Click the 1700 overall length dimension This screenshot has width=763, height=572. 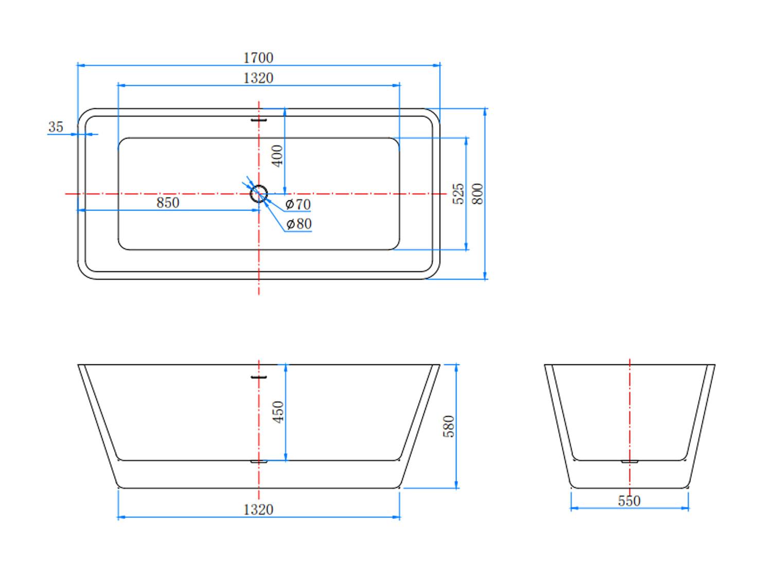coord(258,58)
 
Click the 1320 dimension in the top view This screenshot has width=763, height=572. coord(258,78)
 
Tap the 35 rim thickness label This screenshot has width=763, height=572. coord(56,127)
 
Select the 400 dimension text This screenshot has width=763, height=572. coord(277,156)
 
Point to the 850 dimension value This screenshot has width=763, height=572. coord(168,203)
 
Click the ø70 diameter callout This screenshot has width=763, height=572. coord(298,204)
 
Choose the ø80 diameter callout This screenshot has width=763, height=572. coord(299,224)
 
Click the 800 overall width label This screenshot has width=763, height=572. coord(478,193)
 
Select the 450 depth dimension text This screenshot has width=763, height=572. coord(278,412)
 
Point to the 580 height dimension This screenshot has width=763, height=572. coord(449,426)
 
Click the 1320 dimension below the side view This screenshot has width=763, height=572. coord(258,510)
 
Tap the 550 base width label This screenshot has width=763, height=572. coord(629,501)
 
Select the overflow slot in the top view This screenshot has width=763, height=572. coord(259,120)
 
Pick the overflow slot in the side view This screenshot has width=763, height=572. coord(259,377)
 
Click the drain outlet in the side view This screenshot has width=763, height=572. coord(259,461)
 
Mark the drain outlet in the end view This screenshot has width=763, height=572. coord(630,461)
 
